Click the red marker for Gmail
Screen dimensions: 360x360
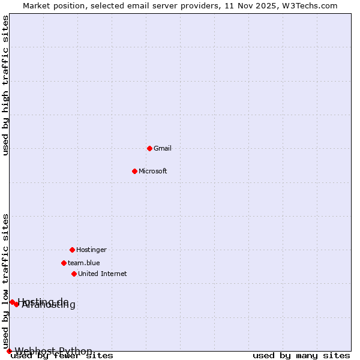click(x=149, y=148)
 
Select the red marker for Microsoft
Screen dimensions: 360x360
click(x=134, y=171)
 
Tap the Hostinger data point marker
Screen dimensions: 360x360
click(x=72, y=250)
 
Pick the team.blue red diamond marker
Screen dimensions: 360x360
click(x=64, y=263)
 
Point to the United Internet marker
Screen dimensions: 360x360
click(x=74, y=274)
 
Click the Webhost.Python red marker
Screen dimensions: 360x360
click(x=9, y=351)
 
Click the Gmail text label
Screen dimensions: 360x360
click(x=162, y=148)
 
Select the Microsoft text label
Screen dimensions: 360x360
click(x=152, y=171)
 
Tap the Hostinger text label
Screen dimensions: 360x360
click(x=91, y=250)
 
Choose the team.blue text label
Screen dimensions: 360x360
click(x=83, y=263)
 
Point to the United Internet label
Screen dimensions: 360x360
click(x=102, y=274)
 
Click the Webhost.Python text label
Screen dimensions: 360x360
click(x=53, y=351)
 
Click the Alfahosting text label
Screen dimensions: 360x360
click(x=49, y=305)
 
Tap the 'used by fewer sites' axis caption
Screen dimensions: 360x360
click(x=62, y=356)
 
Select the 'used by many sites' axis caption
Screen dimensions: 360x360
click(x=301, y=356)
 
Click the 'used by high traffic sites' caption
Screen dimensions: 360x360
click(x=6, y=85)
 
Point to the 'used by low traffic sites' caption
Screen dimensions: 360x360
click(x=6, y=281)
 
